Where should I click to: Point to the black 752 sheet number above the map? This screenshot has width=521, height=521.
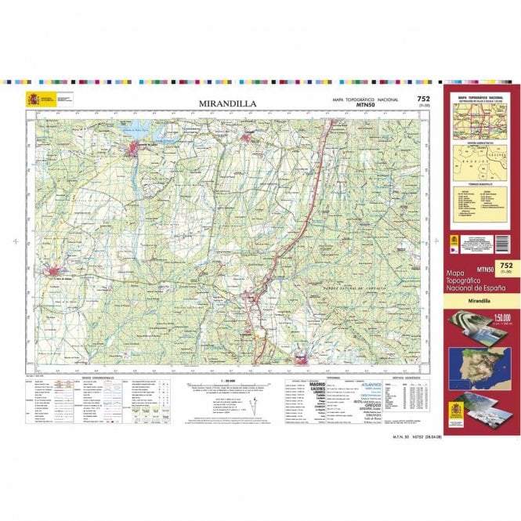pos(423,99)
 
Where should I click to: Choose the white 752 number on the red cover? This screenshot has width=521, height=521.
pos(505,266)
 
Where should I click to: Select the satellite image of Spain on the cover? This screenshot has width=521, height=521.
pos(479,364)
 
